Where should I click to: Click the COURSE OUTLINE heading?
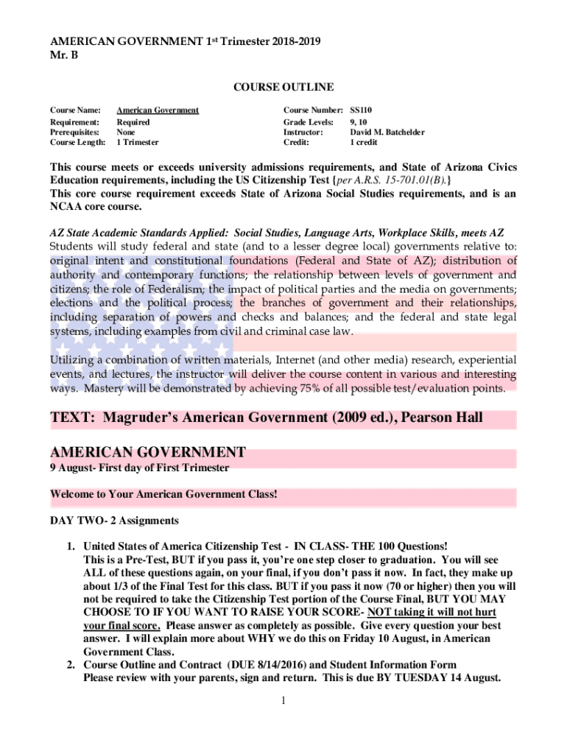(283, 88)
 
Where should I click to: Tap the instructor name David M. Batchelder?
(387, 132)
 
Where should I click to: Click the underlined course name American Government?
(158, 110)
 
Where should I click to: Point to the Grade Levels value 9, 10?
(359, 121)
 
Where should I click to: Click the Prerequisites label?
(74, 132)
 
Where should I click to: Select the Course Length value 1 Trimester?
(138, 142)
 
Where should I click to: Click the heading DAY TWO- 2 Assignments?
(114, 521)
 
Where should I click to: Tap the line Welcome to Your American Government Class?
(163, 494)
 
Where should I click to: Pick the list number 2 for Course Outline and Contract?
(71, 664)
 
